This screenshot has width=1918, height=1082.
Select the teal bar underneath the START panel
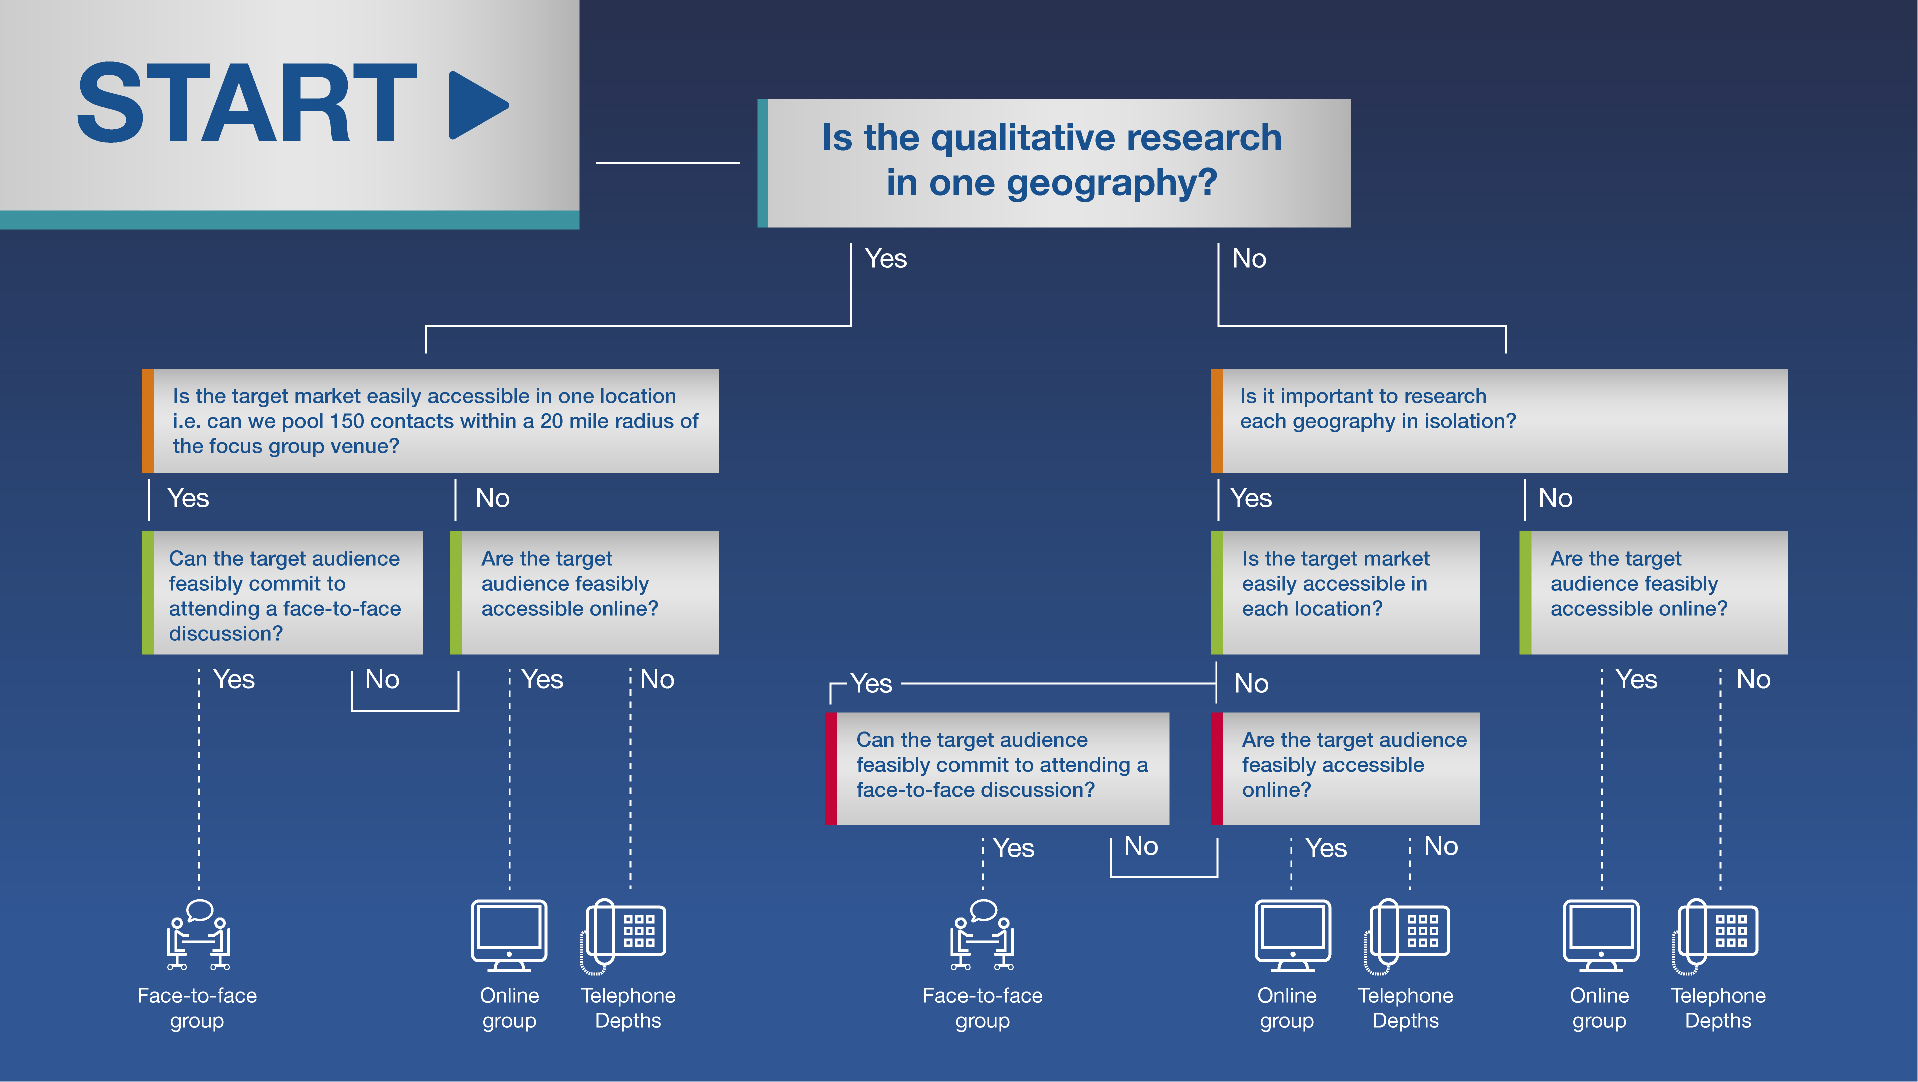pyautogui.click(x=290, y=220)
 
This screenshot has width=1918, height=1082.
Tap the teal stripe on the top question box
pyautogui.click(x=762, y=163)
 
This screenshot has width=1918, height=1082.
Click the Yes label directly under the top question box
pyautogui.click(x=886, y=259)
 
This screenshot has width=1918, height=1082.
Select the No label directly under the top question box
pyautogui.click(x=1249, y=259)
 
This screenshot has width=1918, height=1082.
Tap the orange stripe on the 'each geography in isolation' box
pyautogui.click(x=1217, y=421)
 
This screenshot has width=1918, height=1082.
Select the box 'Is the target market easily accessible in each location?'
pyautogui.click(x=1345, y=593)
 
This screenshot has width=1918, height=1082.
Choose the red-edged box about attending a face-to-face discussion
pyautogui.click(x=997, y=768)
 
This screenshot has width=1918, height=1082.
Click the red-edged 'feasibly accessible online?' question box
pyautogui.click(x=1345, y=768)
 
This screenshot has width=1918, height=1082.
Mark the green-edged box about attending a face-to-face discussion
pyautogui.click(x=282, y=593)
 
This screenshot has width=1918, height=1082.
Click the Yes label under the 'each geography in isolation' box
pyautogui.click(x=1251, y=498)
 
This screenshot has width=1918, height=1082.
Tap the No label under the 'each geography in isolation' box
pyautogui.click(x=1555, y=498)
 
